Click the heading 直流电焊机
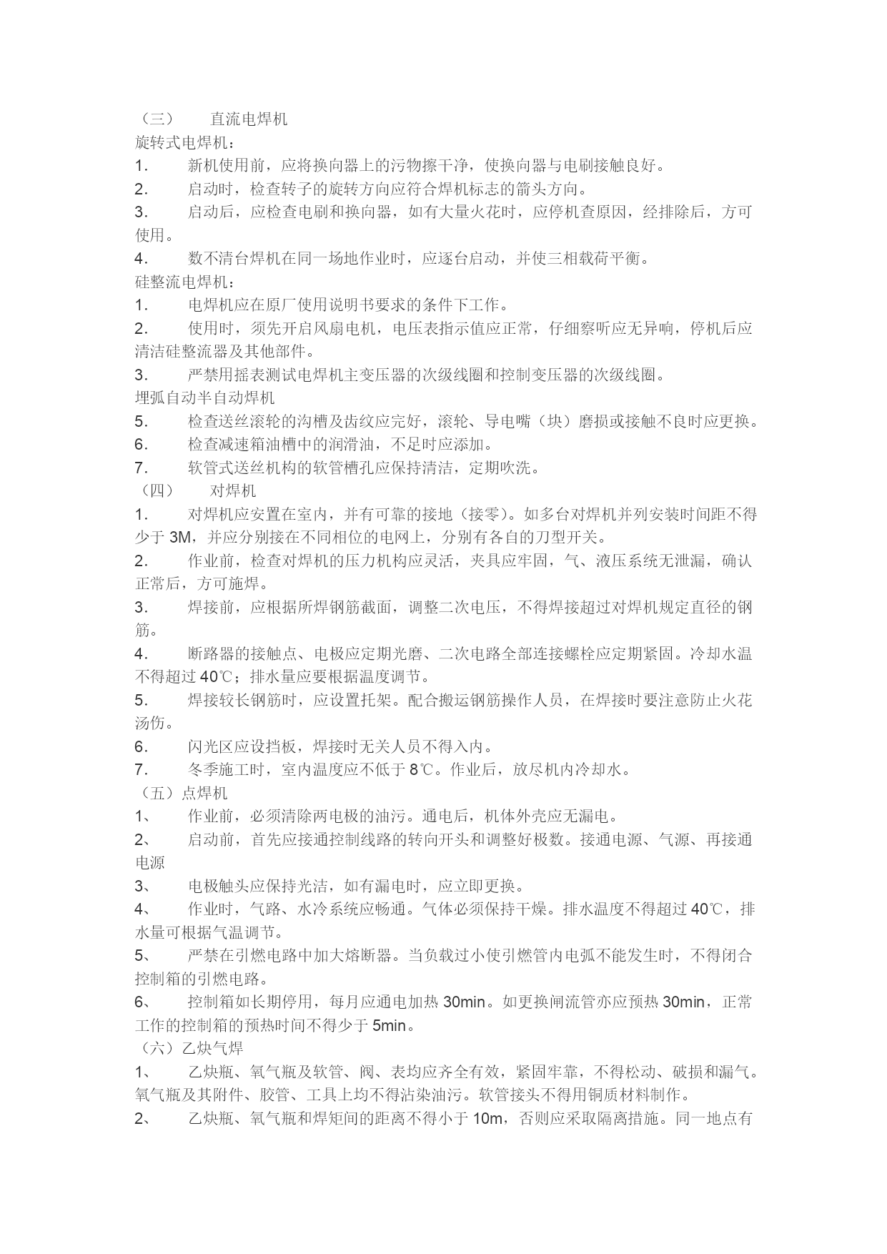pos(249,119)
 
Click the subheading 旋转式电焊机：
pos(184,143)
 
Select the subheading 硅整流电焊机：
pos(184,282)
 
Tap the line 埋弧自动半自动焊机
pos(205,398)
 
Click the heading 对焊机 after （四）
pos(232,491)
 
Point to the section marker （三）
pos(154,119)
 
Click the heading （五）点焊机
pos(182,793)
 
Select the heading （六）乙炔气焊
pos(189,1048)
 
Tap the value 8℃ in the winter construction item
pos(421,770)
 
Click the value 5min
pos(389,1027)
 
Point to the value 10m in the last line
pos(487,1119)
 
